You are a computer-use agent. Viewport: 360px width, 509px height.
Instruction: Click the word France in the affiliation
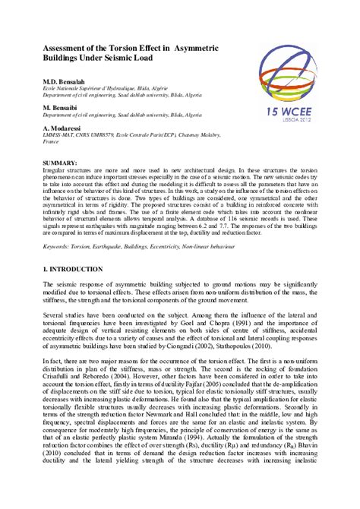(x=51, y=150)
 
